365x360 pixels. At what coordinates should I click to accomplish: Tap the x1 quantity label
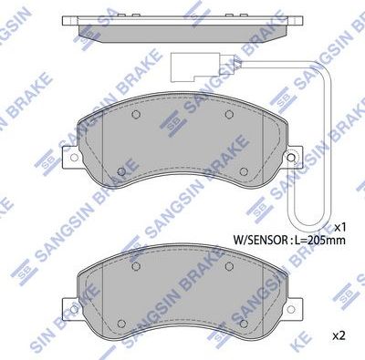pyautogui.click(x=340, y=226)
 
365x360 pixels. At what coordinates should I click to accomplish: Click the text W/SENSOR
pyautogui.click(x=261, y=242)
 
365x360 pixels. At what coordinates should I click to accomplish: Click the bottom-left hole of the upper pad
pyautogui.click(x=120, y=170)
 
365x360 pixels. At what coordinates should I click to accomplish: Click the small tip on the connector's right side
pyautogui.click(x=218, y=65)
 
